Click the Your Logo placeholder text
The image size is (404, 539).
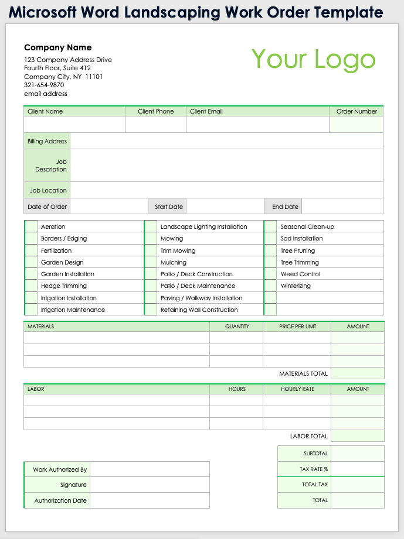click(313, 59)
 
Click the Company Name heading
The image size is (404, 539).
click(58, 47)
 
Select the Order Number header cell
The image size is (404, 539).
click(357, 111)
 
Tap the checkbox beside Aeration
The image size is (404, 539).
click(31, 226)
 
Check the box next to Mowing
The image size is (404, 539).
click(151, 239)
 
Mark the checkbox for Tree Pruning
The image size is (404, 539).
click(270, 250)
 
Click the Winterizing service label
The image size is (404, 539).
click(296, 286)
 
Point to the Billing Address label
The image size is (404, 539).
click(47, 141)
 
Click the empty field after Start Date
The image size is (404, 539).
click(225, 207)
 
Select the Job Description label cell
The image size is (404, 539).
click(47, 166)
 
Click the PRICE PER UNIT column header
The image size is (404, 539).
click(297, 327)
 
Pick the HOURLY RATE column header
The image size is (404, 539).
click(297, 389)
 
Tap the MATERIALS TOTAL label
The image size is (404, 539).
click(303, 373)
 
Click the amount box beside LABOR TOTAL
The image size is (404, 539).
click(357, 436)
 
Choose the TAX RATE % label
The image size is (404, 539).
click(314, 469)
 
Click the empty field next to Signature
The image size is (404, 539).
click(150, 485)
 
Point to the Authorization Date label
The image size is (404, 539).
click(60, 500)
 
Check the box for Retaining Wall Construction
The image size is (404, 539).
click(151, 310)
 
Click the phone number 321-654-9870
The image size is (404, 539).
click(44, 85)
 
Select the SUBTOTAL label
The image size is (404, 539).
click(315, 454)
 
